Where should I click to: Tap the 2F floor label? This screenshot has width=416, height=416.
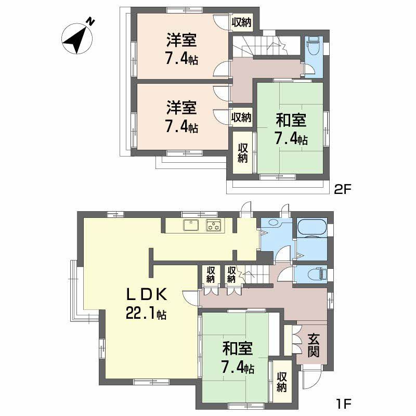[x=343, y=190]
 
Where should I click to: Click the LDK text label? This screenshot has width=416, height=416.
[x=147, y=295]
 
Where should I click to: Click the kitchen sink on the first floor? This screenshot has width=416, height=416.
[x=190, y=226]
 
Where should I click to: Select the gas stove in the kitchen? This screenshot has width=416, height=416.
[x=214, y=226]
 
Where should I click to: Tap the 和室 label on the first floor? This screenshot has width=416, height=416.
[x=238, y=348]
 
